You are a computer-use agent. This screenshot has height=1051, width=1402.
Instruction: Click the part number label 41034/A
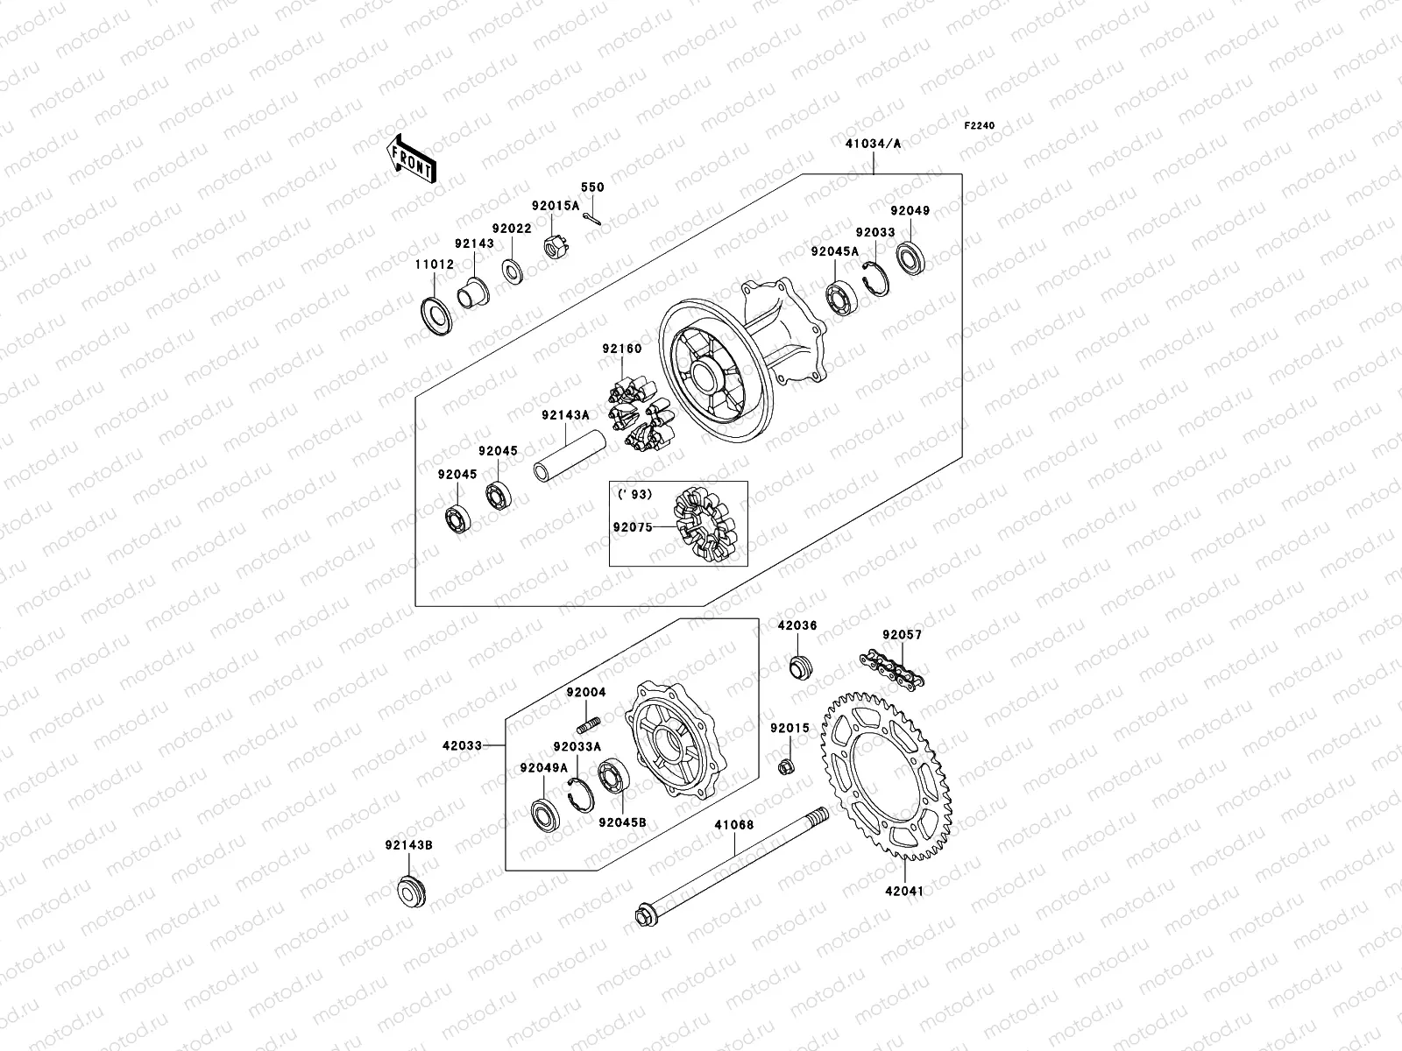pyautogui.click(x=873, y=143)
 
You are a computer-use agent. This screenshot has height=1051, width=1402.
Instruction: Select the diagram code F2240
pyautogui.click(x=981, y=126)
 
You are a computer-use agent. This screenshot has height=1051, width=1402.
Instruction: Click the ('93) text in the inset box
pyautogui.click(x=635, y=494)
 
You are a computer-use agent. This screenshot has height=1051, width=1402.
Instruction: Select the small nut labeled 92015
pyautogui.click(x=786, y=768)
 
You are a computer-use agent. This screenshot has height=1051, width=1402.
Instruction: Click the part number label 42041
pyautogui.click(x=903, y=891)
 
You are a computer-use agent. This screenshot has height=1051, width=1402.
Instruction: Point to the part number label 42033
pyautogui.click(x=462, y=745)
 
